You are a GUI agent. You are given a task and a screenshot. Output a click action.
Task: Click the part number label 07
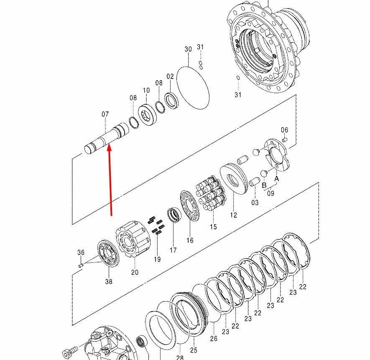(x=105, y=114)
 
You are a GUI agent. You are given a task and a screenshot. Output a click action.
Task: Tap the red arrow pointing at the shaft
(x=110, y=180)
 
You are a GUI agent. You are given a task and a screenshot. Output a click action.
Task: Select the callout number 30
(x=188, y=49)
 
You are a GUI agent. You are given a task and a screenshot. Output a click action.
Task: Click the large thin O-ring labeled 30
(x=193, y=88)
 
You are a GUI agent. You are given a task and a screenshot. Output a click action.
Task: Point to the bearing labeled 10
(x=148, y=115)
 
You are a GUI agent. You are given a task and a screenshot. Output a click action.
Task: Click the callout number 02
(x=170, y=76)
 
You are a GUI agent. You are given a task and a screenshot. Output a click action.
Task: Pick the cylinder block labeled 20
(x=133, y=239)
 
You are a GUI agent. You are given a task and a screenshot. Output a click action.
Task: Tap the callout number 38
(x=109, y=281)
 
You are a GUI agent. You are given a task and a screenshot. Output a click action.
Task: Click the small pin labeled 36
(x=81, y=266)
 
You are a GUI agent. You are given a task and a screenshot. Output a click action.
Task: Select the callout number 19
(x=157, y=259)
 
